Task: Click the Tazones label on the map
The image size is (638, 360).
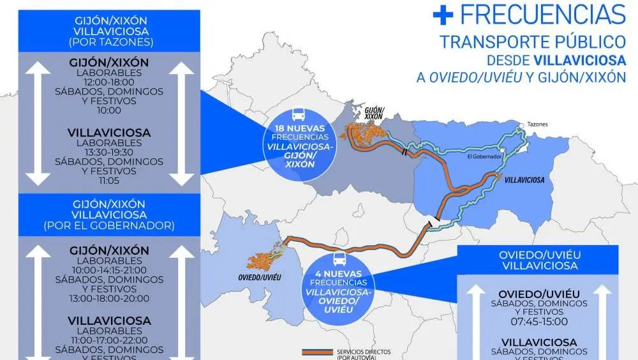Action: pos(537,124)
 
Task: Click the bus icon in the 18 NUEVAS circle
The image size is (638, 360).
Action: pos(299,116)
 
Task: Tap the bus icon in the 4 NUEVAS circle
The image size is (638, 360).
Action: pos(339,259)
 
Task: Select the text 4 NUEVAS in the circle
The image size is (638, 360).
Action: pos(339,273)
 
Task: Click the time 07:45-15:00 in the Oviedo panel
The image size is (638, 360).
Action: pos(538,322)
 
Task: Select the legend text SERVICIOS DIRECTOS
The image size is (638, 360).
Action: pos(364,352)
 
